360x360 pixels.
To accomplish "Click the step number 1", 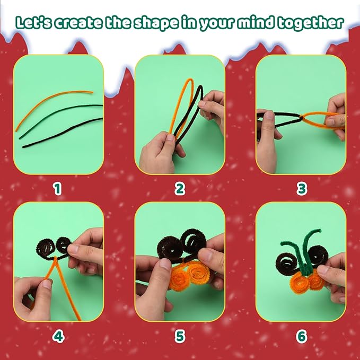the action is pos(57,189).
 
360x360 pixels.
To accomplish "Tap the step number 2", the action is pos(180,189).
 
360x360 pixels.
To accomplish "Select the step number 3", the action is pos(302,189).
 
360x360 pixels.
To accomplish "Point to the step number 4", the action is pos(58,336).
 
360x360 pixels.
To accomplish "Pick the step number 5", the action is pos(180,336).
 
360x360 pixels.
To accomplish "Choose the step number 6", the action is pos(302,336).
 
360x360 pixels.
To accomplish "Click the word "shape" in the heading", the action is pos(156,23).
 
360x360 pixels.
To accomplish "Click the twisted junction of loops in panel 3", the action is pos(301,118).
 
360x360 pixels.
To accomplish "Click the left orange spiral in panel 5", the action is pos(179,278).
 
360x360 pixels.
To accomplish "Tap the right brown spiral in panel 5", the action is pos(194,242).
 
